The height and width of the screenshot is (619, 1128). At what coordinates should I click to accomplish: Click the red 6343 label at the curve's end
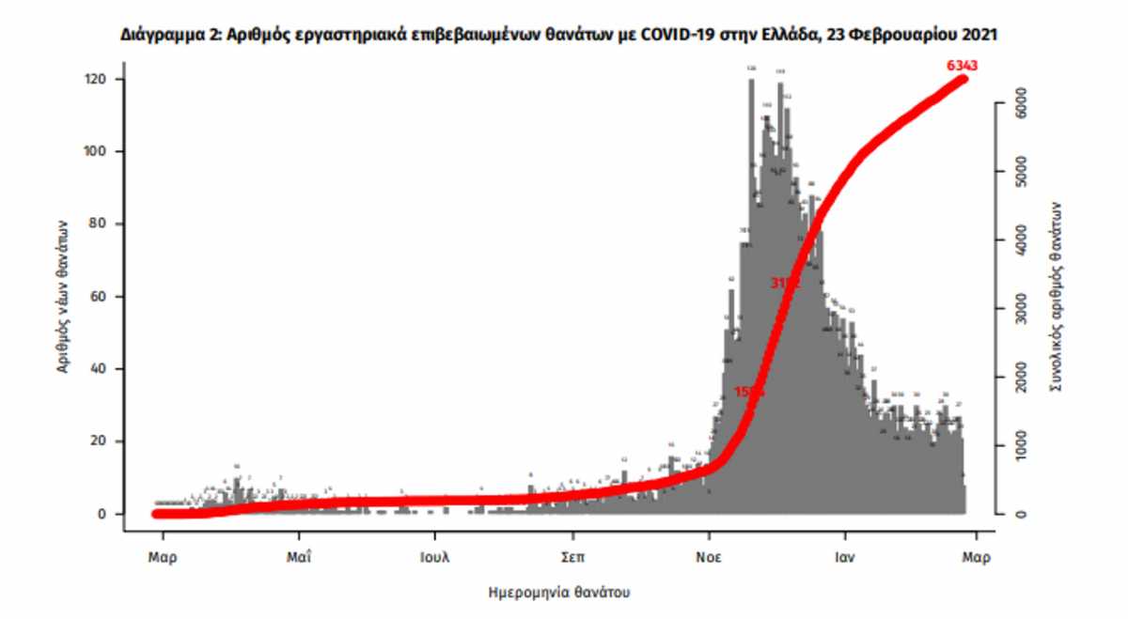pos(963,65)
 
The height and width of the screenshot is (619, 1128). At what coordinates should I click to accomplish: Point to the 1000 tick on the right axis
pos(1019,446)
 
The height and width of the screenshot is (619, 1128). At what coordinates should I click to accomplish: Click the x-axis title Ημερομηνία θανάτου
pos(559,594)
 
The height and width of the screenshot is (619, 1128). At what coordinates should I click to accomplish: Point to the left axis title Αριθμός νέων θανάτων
pos(62,297)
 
